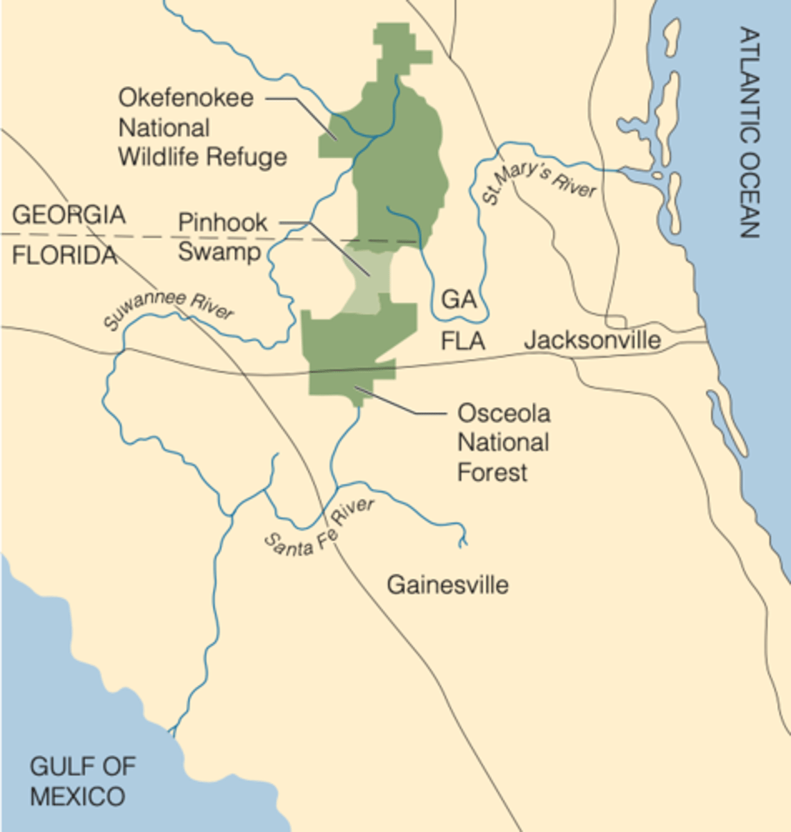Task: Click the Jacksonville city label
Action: click(592, 340)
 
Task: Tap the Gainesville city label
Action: click(448, 584)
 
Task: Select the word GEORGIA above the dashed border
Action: click(69, 215)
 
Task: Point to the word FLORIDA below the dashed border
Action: click(65, 256)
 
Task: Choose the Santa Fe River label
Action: click(319, 528)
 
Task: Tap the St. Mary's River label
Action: click(539, 181)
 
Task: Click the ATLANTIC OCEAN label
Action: click(749, 132)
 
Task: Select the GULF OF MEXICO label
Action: click(82, 781)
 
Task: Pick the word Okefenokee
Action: click(186, 98)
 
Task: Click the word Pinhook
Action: click(223, 223)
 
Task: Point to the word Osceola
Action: click(504, 414)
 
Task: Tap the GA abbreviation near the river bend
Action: click(459, 300)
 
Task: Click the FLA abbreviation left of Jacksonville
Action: click(463, 341)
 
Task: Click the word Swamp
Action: click(219, 252)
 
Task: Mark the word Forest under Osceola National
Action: click(493, 473)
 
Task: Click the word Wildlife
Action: click(164, 157)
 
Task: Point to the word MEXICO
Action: click(78, 797)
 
